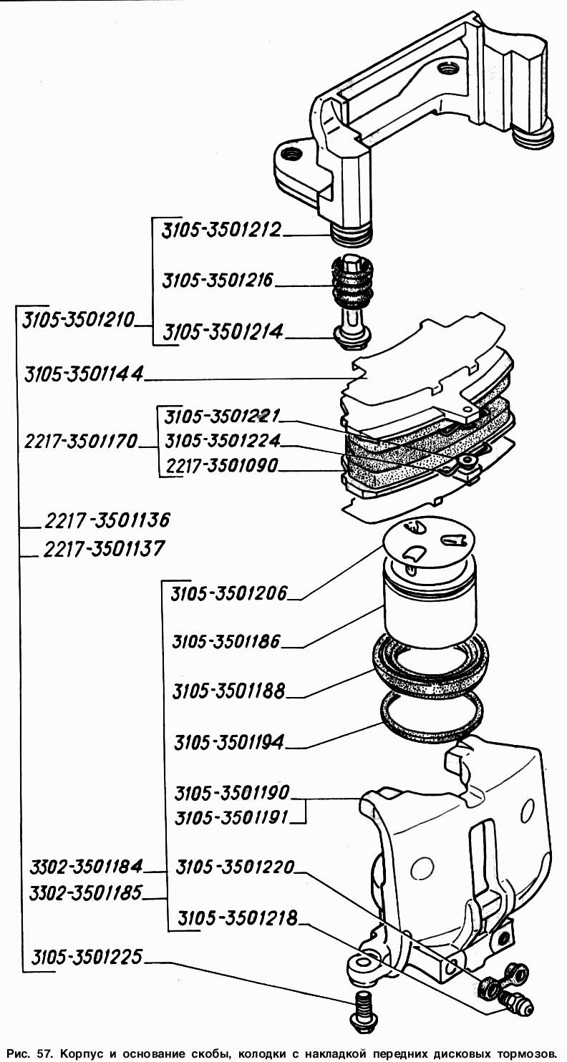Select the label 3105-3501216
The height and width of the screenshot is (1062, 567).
[x=218, y=281]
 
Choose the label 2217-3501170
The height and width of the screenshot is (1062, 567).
[x=79, y=441]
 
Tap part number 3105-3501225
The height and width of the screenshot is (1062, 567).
[x=87, y=957]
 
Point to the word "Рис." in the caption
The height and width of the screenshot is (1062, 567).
[x=23, y=1052]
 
